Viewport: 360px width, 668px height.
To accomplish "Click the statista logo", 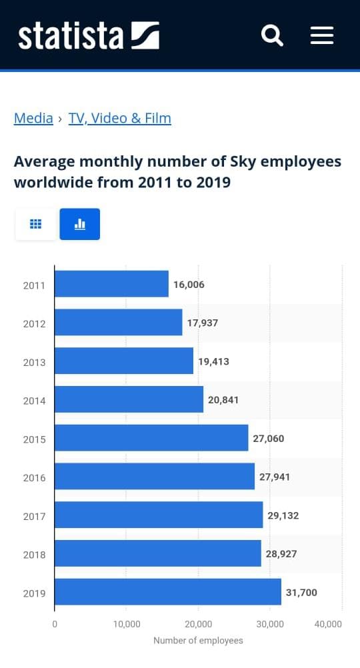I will [x=89, y=35].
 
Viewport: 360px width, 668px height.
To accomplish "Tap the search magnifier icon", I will [x=272, y=35].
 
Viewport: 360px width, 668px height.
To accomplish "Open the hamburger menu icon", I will [x=321, y=35].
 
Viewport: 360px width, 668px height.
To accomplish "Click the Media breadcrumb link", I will [x=33, y=119].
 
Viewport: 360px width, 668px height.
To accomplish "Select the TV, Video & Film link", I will [x=120, y=119].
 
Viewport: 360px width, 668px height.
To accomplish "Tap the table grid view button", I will [x=36, y=224].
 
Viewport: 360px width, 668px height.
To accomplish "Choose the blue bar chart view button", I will [x=80, y=224].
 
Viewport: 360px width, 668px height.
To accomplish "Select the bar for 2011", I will [x=111, y=284].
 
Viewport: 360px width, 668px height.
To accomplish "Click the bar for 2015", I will [x=151, y=438].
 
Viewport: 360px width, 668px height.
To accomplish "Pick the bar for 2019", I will [x=168, y=592].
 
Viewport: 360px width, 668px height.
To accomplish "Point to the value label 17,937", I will [x=203, y=323].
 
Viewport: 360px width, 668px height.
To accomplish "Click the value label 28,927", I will [x=282, y=554].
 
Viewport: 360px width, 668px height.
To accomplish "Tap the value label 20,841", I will [x=223, y=400].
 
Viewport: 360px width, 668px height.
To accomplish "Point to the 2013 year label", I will [x=34, y=362].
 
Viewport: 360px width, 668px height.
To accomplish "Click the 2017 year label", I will [x=34, y=516].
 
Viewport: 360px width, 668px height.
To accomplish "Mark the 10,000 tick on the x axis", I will [x=127, y=625].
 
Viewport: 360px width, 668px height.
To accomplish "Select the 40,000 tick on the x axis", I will [x=328, y=625].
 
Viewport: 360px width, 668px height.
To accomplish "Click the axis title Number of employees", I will [x=198, y=641].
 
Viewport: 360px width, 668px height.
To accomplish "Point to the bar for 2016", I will [x=155, y=477].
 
